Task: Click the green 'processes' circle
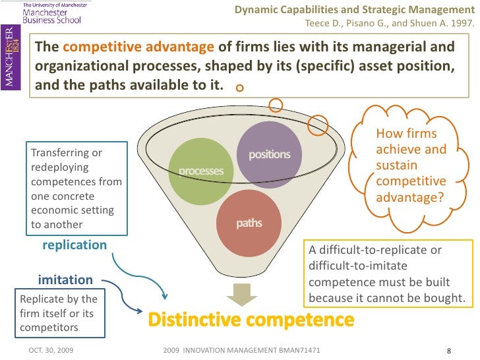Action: [x=202, y=171]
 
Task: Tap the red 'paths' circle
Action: [x=249, y=223]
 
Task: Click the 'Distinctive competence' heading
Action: [x=250, y=321]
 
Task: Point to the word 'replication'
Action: [x=75, y=245]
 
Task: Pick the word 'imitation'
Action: [x=65, y=280]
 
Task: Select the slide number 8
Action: [x=448, y=350]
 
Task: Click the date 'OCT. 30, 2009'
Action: [x=51, y=349]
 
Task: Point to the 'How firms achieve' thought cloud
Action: [x=410, y=165]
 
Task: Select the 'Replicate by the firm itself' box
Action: [x=59, y=313]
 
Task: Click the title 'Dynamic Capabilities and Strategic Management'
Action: [x=354, y=9]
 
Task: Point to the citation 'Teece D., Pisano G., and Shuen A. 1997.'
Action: [x=389, y=25]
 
